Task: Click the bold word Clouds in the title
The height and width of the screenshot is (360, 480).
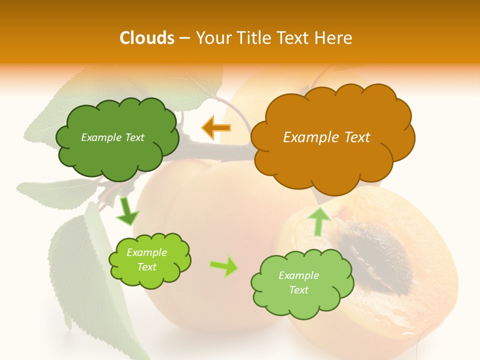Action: [x=147, y=38]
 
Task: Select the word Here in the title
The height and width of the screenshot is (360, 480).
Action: [x=334, y=38]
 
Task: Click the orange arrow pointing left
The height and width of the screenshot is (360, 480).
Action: [x=216, y=128]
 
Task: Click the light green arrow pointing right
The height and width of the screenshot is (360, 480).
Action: [x=224, y=266]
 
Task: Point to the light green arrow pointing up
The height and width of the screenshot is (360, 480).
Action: [x=318, y=221]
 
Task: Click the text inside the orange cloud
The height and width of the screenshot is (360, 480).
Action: [x=326, y=137]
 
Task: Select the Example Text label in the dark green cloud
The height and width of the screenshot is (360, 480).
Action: [x=112, y=137]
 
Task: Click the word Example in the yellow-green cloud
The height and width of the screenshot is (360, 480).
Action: [x=146, y=253]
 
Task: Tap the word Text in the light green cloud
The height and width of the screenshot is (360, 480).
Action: [x=298, y=290]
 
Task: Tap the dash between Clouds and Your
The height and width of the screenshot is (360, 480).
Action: [x=184, y=38]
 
